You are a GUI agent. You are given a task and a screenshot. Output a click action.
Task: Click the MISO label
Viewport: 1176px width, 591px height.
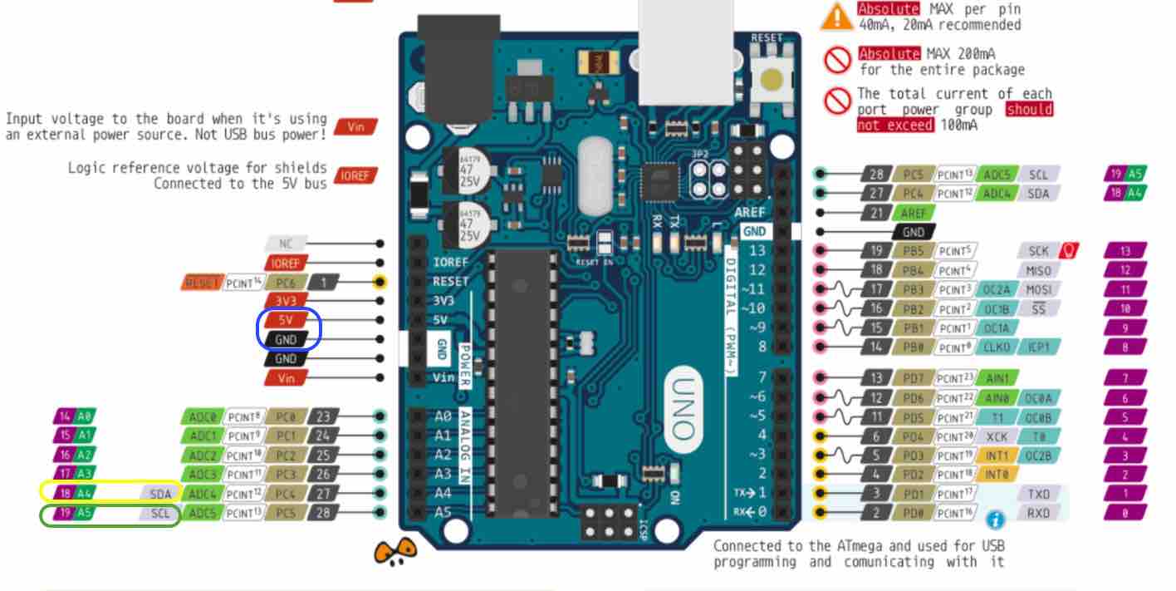pyautogui.click(x=1038, y=270)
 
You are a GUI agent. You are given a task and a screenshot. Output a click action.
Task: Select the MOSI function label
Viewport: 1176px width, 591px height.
pyautogui.click(x=1038, y=289)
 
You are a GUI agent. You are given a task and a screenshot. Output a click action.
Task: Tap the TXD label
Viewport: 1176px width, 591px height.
pyautogui.click(x=1038, y=494)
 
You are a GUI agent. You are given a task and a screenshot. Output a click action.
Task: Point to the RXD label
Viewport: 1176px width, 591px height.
pyautogui.click(x=1038, y=513)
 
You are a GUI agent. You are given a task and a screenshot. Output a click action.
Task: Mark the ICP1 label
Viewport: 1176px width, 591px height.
pyautogui.click(x=1039, y=347)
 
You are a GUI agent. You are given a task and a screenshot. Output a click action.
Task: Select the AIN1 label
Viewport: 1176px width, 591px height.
pyautogui.click(x=996, y=378)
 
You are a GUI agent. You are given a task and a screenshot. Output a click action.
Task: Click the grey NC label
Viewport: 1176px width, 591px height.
pyautogui.click(x=286, y=244)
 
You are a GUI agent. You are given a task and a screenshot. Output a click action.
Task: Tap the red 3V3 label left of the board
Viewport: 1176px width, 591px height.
pyautogui.click(x=286, y=300)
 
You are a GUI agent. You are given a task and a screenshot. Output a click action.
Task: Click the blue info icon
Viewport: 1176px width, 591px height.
pyautogui.click(x=995, y=520)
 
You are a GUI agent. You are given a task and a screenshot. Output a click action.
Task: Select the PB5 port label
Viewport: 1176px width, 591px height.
pyautogui.click(x=913, y=251)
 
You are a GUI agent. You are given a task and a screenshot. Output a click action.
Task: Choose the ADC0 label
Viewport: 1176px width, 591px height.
pyautogui.click(x=202, y=416)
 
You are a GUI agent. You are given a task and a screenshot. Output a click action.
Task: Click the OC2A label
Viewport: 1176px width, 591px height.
pyautogui.click(x=996, y=289)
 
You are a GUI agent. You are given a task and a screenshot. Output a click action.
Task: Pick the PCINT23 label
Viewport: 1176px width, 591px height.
pyautogui.click(x=956, y=378)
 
